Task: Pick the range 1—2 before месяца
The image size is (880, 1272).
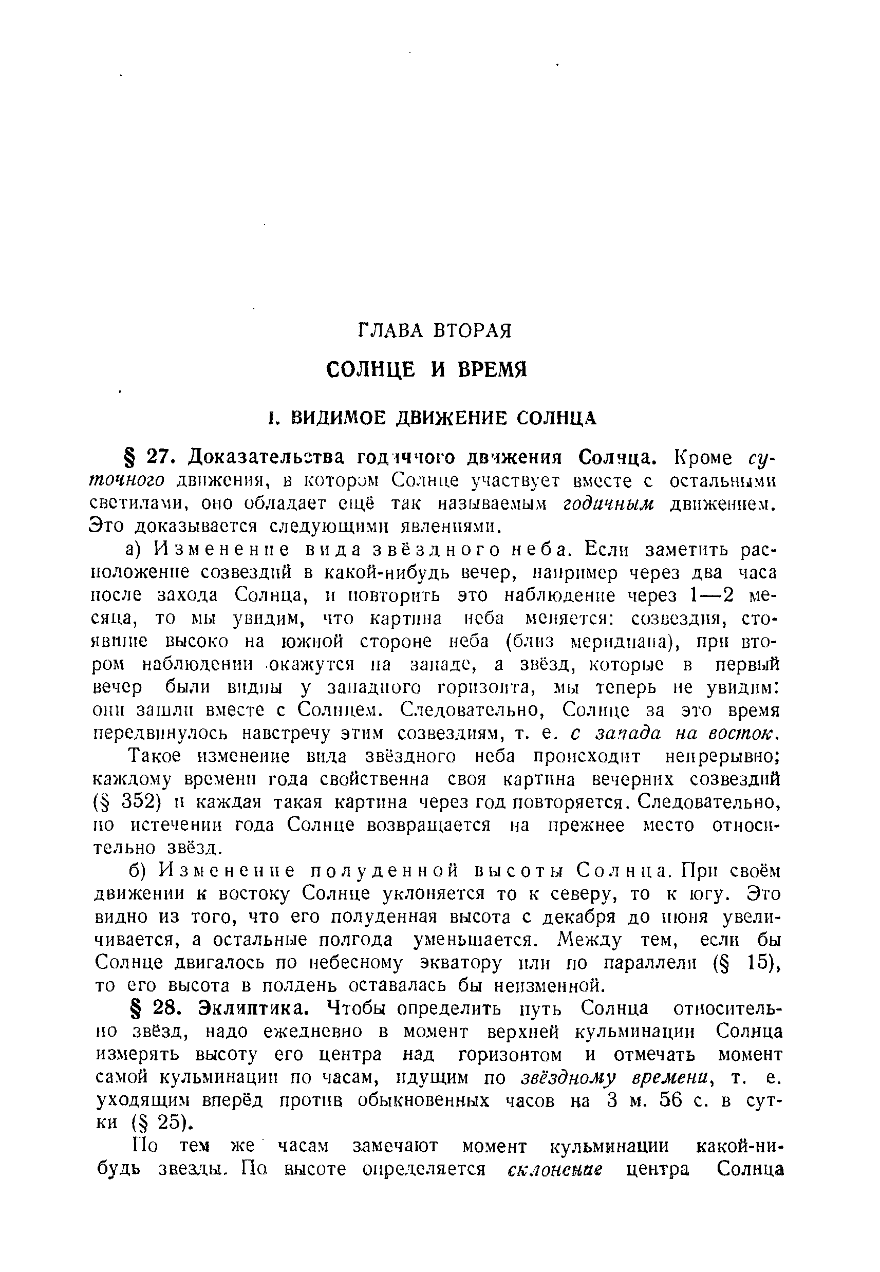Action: coord(712,595)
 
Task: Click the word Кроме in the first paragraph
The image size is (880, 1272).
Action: coord(704,457)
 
